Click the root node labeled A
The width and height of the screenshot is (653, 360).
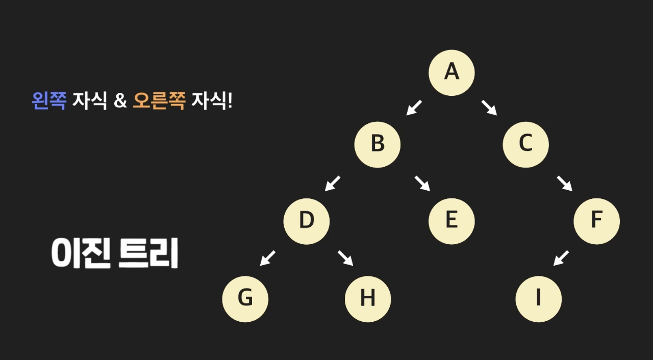tap(451, 72)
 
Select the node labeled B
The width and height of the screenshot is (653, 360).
tap(378, 144)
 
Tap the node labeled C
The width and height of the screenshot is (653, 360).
tap(525, 144)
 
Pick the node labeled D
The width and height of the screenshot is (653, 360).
tap(307, 221)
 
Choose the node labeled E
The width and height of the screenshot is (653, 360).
tap(451, 221)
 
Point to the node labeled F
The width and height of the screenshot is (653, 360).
tap(596, 221)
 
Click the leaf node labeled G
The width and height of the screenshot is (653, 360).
tap(245, 299)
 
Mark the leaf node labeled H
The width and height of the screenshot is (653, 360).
tap(368, 299)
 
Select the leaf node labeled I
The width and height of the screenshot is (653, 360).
tap(538, 299)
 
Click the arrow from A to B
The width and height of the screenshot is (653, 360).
tap(414, 108)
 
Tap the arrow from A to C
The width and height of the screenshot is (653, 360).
tap(489, 108)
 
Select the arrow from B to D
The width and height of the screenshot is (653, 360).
tap(333, 183)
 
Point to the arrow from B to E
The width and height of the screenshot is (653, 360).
tap(422, 183)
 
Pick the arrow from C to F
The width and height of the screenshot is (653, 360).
tap(565, 183)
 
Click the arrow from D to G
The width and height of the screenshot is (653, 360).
tap(268, 258)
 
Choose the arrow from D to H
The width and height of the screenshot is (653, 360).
tap(345, 258)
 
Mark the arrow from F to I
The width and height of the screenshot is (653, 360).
tap(561, 258)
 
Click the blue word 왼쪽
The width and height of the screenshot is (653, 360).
tap(49, 101)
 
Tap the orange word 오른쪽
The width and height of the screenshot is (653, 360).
tap(159, 101)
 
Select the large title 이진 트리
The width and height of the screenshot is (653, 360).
tap(115, 253)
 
